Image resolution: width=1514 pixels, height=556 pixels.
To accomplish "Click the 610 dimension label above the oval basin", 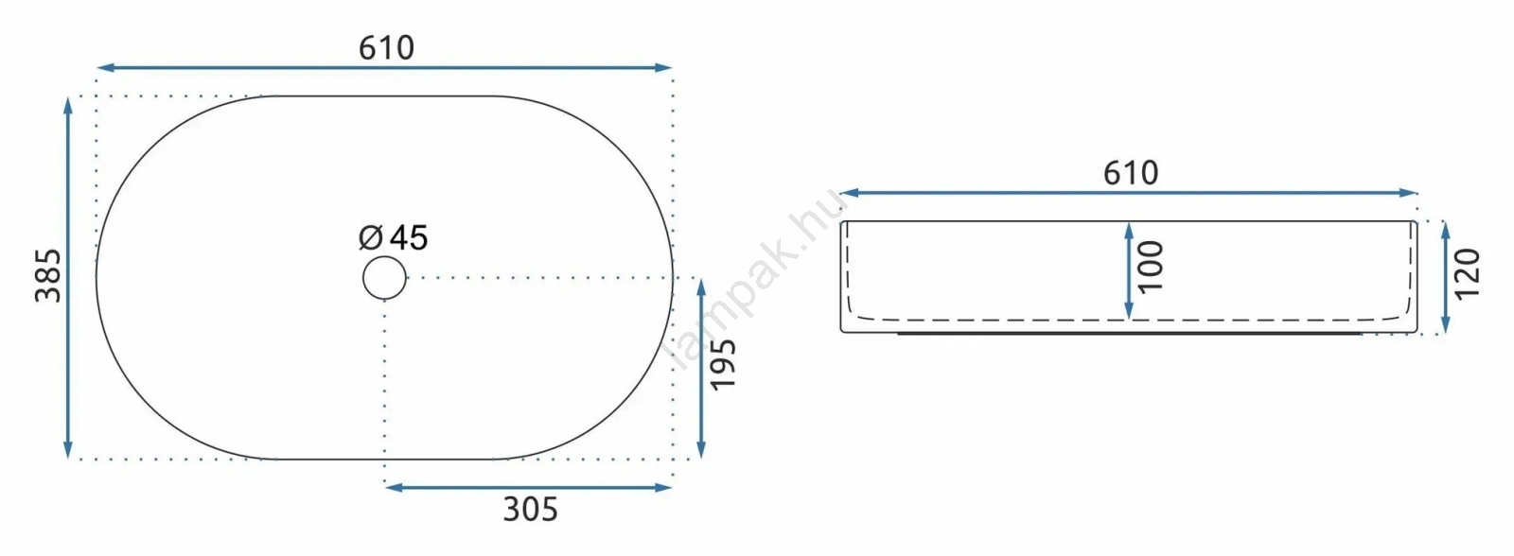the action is (x=386, y=48).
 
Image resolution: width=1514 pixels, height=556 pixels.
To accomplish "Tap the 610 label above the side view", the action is (x=1131, y=174).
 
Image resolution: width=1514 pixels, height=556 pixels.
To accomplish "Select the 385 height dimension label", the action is (x=48, y=275).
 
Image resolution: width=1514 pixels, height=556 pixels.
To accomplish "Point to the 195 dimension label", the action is (x=723, y=365).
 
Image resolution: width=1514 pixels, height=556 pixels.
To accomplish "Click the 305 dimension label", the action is (x=531, y=510).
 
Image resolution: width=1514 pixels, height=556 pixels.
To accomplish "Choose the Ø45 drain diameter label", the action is (x=394, y=237).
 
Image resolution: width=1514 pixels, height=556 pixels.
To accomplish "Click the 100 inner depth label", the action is (x=1151, y=267).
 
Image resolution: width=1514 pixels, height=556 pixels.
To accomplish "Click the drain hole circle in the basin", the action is (x=384, y=256).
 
